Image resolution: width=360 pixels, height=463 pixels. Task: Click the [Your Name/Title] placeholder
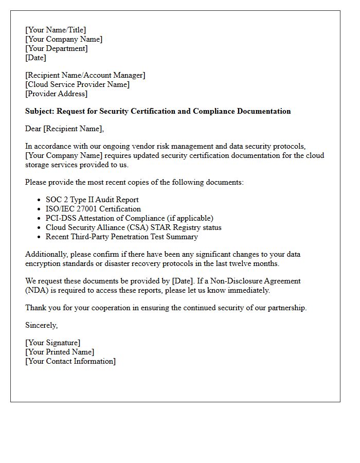56,30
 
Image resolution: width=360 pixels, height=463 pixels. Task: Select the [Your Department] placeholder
57,49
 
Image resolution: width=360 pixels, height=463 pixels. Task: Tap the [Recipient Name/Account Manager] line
85,76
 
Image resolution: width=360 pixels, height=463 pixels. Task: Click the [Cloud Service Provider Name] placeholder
77,85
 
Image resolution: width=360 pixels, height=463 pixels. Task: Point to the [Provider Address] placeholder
57,94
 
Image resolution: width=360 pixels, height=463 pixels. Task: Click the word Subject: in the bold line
40,112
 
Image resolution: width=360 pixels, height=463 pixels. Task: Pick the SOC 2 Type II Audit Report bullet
92,200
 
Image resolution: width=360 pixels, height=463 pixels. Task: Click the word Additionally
47,255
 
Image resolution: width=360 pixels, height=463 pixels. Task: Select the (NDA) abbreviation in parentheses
37,291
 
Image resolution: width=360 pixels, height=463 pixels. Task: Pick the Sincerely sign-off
42,326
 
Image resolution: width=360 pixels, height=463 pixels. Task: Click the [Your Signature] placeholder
53,343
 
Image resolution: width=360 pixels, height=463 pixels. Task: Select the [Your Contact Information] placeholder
70,362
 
